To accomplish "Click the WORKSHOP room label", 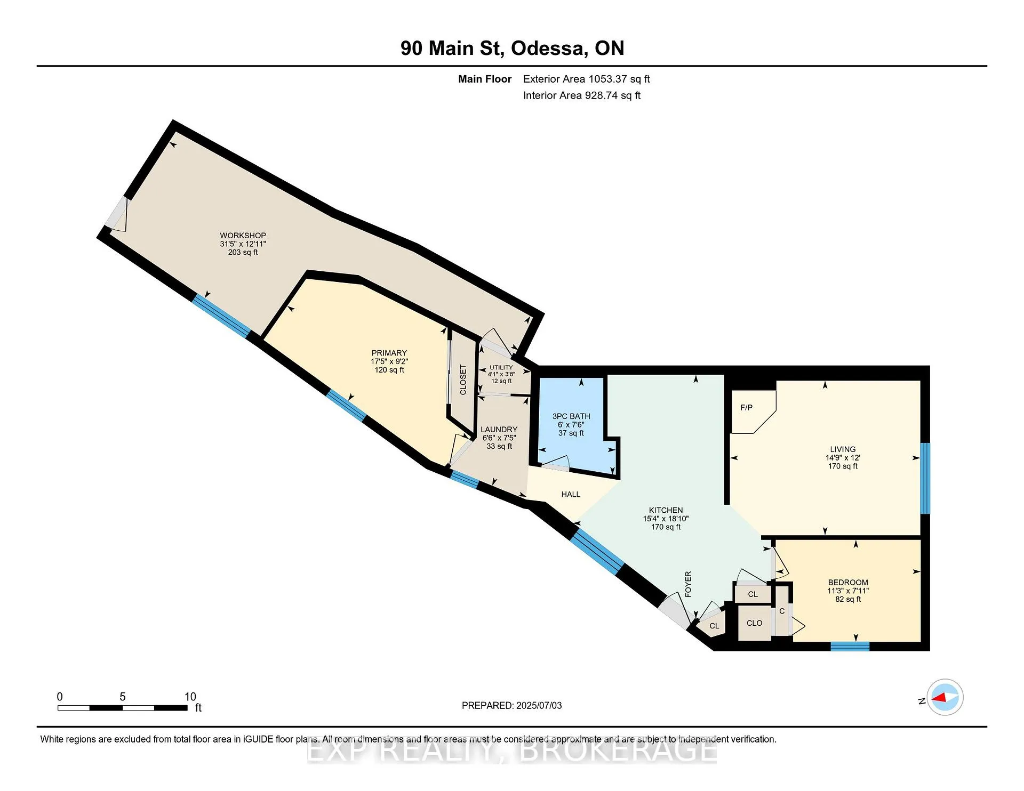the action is coord(243,236).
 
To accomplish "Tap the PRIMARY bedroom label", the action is coord(389,353).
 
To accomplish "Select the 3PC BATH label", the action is coord(571,416).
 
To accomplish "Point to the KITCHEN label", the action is coord(666,510).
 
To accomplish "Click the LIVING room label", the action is coord(843,449).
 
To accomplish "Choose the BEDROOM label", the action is coord(848,583).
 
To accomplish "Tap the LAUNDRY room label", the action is coord(499,430).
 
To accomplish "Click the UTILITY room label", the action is coord(501,367).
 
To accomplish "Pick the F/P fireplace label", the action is coord(747,408).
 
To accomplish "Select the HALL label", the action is coord(571,495).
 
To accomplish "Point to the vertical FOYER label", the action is coord(688,584).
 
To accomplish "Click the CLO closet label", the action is coord(754,623).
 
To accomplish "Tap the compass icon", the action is coord(945,697).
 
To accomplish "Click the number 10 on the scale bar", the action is coord(190,697).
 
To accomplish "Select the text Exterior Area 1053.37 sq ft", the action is coord(587,79).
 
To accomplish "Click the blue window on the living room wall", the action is coord(925,478).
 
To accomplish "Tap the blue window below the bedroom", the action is coord(850,647).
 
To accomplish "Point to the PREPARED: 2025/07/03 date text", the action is coord(512,706).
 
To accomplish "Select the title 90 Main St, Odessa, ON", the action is coord(513,48).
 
